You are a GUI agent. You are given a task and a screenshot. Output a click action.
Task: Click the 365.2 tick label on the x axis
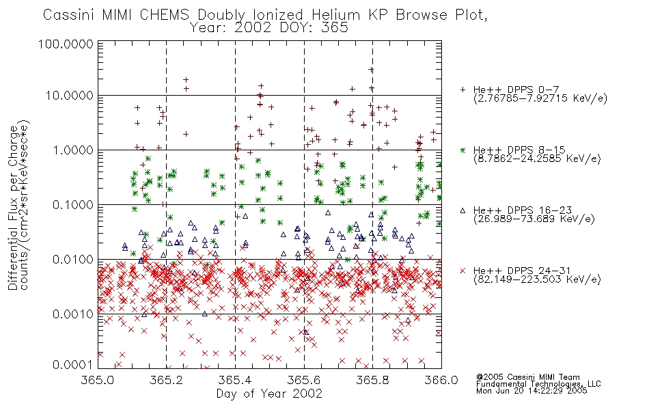[167, 380]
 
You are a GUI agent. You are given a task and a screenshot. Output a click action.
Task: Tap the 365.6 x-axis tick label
[304, 380]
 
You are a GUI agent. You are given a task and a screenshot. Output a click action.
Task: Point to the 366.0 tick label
[441, 380]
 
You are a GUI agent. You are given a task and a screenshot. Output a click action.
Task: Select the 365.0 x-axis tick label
[98, 380]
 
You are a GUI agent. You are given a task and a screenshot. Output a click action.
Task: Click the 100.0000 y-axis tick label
[66, 44]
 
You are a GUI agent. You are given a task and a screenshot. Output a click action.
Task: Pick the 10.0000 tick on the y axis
[70, 96]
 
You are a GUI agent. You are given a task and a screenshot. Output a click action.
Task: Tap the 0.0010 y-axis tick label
[73, 314]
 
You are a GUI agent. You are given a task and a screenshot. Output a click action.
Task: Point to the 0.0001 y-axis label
[73, 365]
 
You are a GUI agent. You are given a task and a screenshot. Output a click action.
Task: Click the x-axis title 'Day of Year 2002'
[269, 394]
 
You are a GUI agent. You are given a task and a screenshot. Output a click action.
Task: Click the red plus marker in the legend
[462, 90]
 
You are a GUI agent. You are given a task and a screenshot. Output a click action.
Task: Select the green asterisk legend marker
[462, 150]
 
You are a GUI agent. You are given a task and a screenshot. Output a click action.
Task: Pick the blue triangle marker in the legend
[462, 210]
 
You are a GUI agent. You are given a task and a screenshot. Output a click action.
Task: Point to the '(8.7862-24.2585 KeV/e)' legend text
[537, 159]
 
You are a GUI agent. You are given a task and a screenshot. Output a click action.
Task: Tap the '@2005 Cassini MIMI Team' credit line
[527, 377]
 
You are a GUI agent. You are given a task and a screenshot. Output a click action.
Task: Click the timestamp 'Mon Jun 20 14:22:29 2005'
[531, 391]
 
